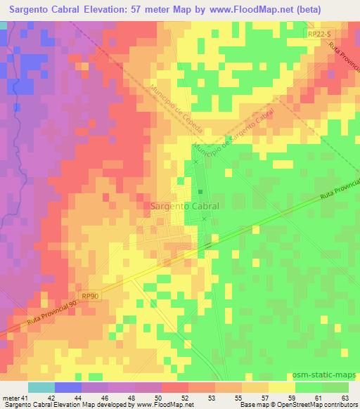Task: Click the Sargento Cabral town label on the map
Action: coord(184,207)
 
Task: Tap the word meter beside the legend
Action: coord(11,399)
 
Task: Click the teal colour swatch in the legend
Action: coord(41,387)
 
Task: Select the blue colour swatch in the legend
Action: coord(68,387)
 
